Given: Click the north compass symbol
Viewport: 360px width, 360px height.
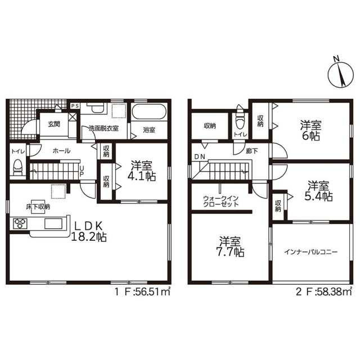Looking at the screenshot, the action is point(340,74).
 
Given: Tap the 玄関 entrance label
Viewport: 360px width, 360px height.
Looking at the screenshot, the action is point(54,124).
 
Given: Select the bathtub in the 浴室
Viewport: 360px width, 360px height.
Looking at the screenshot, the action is point(149,112).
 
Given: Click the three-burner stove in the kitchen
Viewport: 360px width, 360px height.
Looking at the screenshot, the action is point(20,223).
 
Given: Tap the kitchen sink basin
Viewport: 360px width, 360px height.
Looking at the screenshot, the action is point(53,224).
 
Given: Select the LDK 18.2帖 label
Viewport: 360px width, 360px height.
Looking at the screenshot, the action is point(89,232).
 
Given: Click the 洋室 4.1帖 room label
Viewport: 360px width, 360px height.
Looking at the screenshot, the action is point(141,171).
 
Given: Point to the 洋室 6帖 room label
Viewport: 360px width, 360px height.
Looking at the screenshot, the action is point(310,130).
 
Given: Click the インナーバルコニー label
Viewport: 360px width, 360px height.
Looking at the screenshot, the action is point(310,252).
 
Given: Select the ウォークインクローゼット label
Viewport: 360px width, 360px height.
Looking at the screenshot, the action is point(221,201).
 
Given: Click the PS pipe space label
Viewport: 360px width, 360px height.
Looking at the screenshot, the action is point(75,106).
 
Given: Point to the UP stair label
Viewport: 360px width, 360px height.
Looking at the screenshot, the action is point(81,171).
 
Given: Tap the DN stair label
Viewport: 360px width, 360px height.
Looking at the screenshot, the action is point(200,157).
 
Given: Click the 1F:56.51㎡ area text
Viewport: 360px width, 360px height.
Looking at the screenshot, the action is point(142,292).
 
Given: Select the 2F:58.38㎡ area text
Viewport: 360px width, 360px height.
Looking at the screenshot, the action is point(324,292).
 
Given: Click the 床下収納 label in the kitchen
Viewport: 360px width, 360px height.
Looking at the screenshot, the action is point(38,206).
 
